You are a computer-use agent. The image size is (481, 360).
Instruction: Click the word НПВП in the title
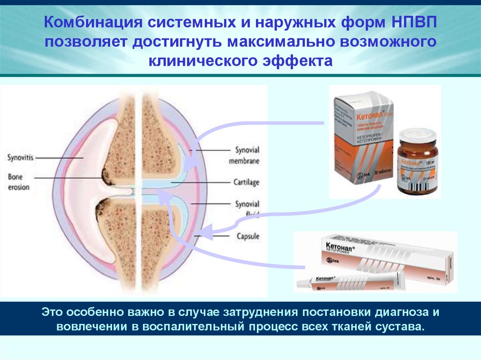pyautogui.click(x=416, y=22)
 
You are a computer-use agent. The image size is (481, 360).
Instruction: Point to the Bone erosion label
pyautogui.click(x=18, y=182)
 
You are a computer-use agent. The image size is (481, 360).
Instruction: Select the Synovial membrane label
pyautogui.click(x=247, y=155)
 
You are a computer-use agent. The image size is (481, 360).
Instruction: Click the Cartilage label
pyautogui.click(x=246, y=182)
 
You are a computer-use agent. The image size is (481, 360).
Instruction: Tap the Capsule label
pyautogui.click(x=247, y=236)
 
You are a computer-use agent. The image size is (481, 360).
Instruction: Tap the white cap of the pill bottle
pyautogui.click(x=417, y=136)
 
